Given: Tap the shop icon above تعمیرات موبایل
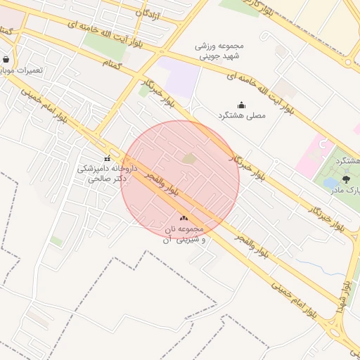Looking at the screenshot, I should pos(6,60).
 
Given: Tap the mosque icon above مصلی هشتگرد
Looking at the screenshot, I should pos(241,105).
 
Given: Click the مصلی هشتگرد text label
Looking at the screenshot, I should pos(242,115).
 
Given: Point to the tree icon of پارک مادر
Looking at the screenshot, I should pos(345,180).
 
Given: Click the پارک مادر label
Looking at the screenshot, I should pos(349,191).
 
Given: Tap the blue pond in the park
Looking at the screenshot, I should pos(330,184).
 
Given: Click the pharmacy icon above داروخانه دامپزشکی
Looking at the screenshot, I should pos(107,158).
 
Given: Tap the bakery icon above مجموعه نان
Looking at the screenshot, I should pos(184,219).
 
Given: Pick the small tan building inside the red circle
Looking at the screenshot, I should pos(190,159).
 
